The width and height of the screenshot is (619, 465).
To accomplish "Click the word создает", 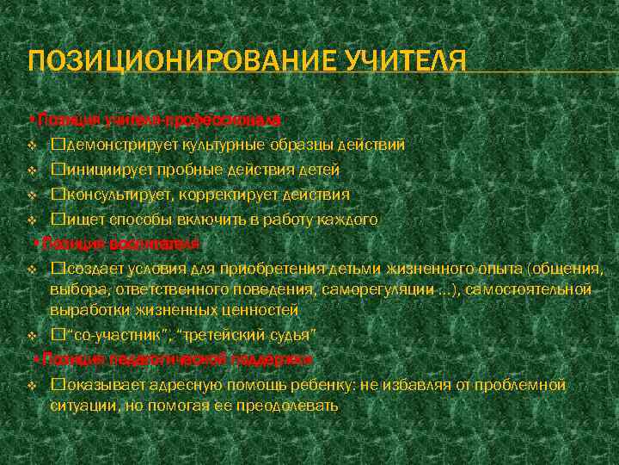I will (x=94, y=270).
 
